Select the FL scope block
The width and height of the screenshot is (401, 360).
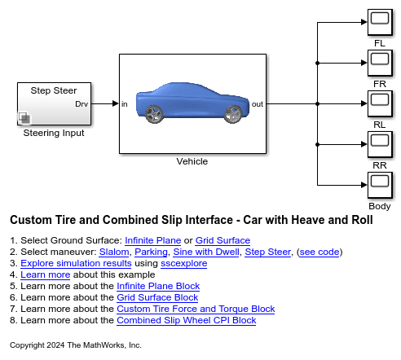pos(379,22)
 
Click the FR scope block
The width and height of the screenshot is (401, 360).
pos(379,63)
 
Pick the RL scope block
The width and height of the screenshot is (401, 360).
pos(379,103)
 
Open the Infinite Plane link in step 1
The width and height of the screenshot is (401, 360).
pos(155,241)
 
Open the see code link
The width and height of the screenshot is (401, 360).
pos(320,252)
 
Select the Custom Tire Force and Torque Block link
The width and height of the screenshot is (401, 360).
pos(196,310)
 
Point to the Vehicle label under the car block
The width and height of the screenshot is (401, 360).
pos(192,161)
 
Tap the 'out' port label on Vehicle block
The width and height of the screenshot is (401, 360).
pos(257,104)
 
